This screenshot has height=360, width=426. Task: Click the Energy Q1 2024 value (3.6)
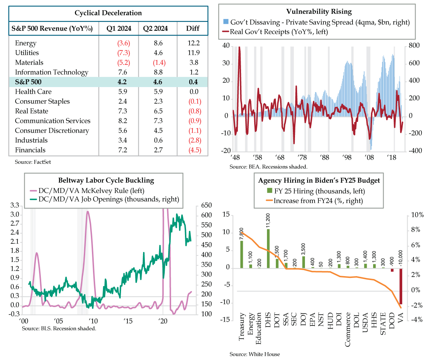click(x=124, y=43)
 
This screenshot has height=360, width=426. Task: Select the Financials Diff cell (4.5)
click(x=195, y=150)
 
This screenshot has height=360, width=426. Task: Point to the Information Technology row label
click(x=51, y=72)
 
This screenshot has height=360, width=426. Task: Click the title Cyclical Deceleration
click(x=108, y=13)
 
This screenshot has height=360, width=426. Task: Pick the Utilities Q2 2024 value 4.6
click(x=158, y=53)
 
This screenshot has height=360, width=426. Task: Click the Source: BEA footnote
click(x=268, y=166)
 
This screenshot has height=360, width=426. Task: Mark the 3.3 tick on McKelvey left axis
click(x=15, y=205)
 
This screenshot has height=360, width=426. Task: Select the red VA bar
click(x=401, y=286)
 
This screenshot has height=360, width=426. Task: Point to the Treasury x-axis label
click(x=242, y=327)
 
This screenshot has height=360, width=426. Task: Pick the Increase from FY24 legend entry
click(x=318, y=201)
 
